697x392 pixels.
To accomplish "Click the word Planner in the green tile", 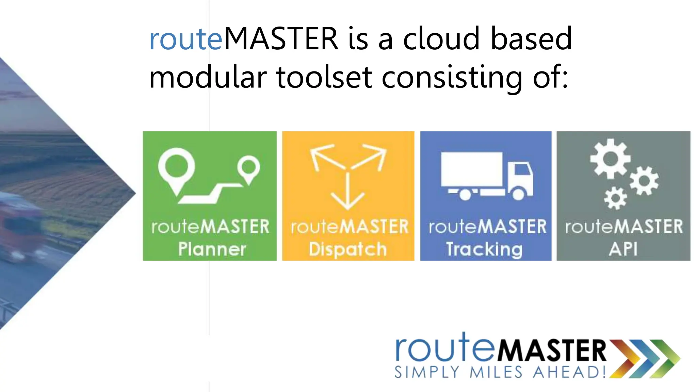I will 212,249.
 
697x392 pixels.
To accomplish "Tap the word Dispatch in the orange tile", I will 348,249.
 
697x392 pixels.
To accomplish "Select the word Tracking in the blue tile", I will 484,249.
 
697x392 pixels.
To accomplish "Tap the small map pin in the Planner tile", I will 249,167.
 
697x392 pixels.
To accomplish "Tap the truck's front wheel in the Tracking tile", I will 518,194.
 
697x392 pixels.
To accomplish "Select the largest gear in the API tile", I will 610,159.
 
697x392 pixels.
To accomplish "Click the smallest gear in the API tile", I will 615,198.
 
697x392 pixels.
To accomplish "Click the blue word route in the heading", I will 186,39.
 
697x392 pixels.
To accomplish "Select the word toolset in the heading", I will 324,77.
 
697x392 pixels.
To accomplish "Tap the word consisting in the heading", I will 452,77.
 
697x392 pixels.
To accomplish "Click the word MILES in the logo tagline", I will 496,372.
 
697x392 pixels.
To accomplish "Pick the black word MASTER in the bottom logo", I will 552,350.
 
